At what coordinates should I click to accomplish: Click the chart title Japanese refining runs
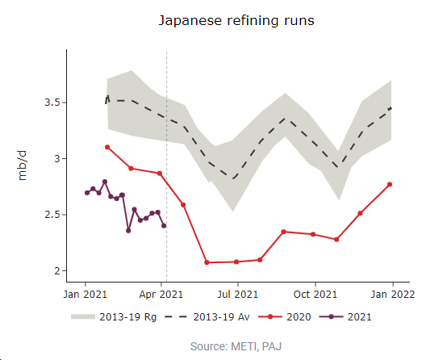point(236,20)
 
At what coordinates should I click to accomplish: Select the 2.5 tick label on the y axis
point(50,215)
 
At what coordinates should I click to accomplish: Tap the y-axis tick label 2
point(55,270)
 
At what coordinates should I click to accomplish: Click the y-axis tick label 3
point(55,158)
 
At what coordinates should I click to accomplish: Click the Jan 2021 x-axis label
point(86,295)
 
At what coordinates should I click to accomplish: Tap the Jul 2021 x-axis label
point(238,295)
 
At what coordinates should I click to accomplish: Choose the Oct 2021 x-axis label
point(315,295)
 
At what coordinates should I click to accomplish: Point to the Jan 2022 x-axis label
point(392,295)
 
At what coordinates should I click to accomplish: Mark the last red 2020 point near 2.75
point(390,184)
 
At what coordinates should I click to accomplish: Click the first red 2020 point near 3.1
point(107,147)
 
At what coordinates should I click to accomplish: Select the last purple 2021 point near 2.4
point(164,225)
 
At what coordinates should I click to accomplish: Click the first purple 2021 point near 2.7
point(87,192)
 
